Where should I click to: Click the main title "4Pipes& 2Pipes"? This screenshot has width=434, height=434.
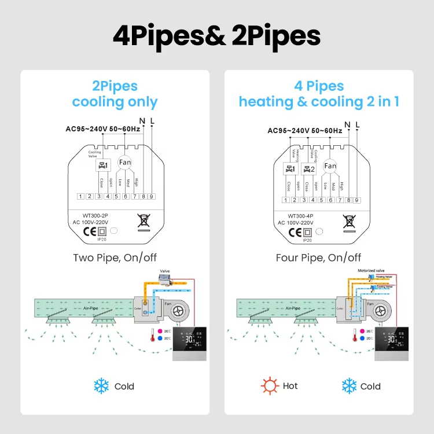tap(216, 36)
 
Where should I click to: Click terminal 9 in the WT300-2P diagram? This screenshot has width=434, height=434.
tap(152, 197)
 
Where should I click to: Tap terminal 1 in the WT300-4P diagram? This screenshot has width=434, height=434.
tap(285, 200)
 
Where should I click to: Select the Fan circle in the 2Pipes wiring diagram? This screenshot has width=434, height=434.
tap(125, 163)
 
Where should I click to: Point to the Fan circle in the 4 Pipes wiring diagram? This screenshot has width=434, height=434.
tap(330, 166)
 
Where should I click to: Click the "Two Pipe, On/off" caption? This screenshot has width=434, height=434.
tap(115, 258)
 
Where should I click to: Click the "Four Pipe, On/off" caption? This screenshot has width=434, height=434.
tap(319, 258)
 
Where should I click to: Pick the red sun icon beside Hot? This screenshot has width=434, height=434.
tap(269, 385)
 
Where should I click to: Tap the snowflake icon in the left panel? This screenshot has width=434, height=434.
tap(102, 385)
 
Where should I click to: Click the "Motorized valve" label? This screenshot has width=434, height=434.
tap(370, 270)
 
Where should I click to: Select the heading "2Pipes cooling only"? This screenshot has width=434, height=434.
tap(115, 94)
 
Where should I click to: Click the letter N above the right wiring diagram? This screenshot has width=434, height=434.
tap(347, 124)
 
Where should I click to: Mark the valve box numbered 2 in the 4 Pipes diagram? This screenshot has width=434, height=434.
tap(310, 170)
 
